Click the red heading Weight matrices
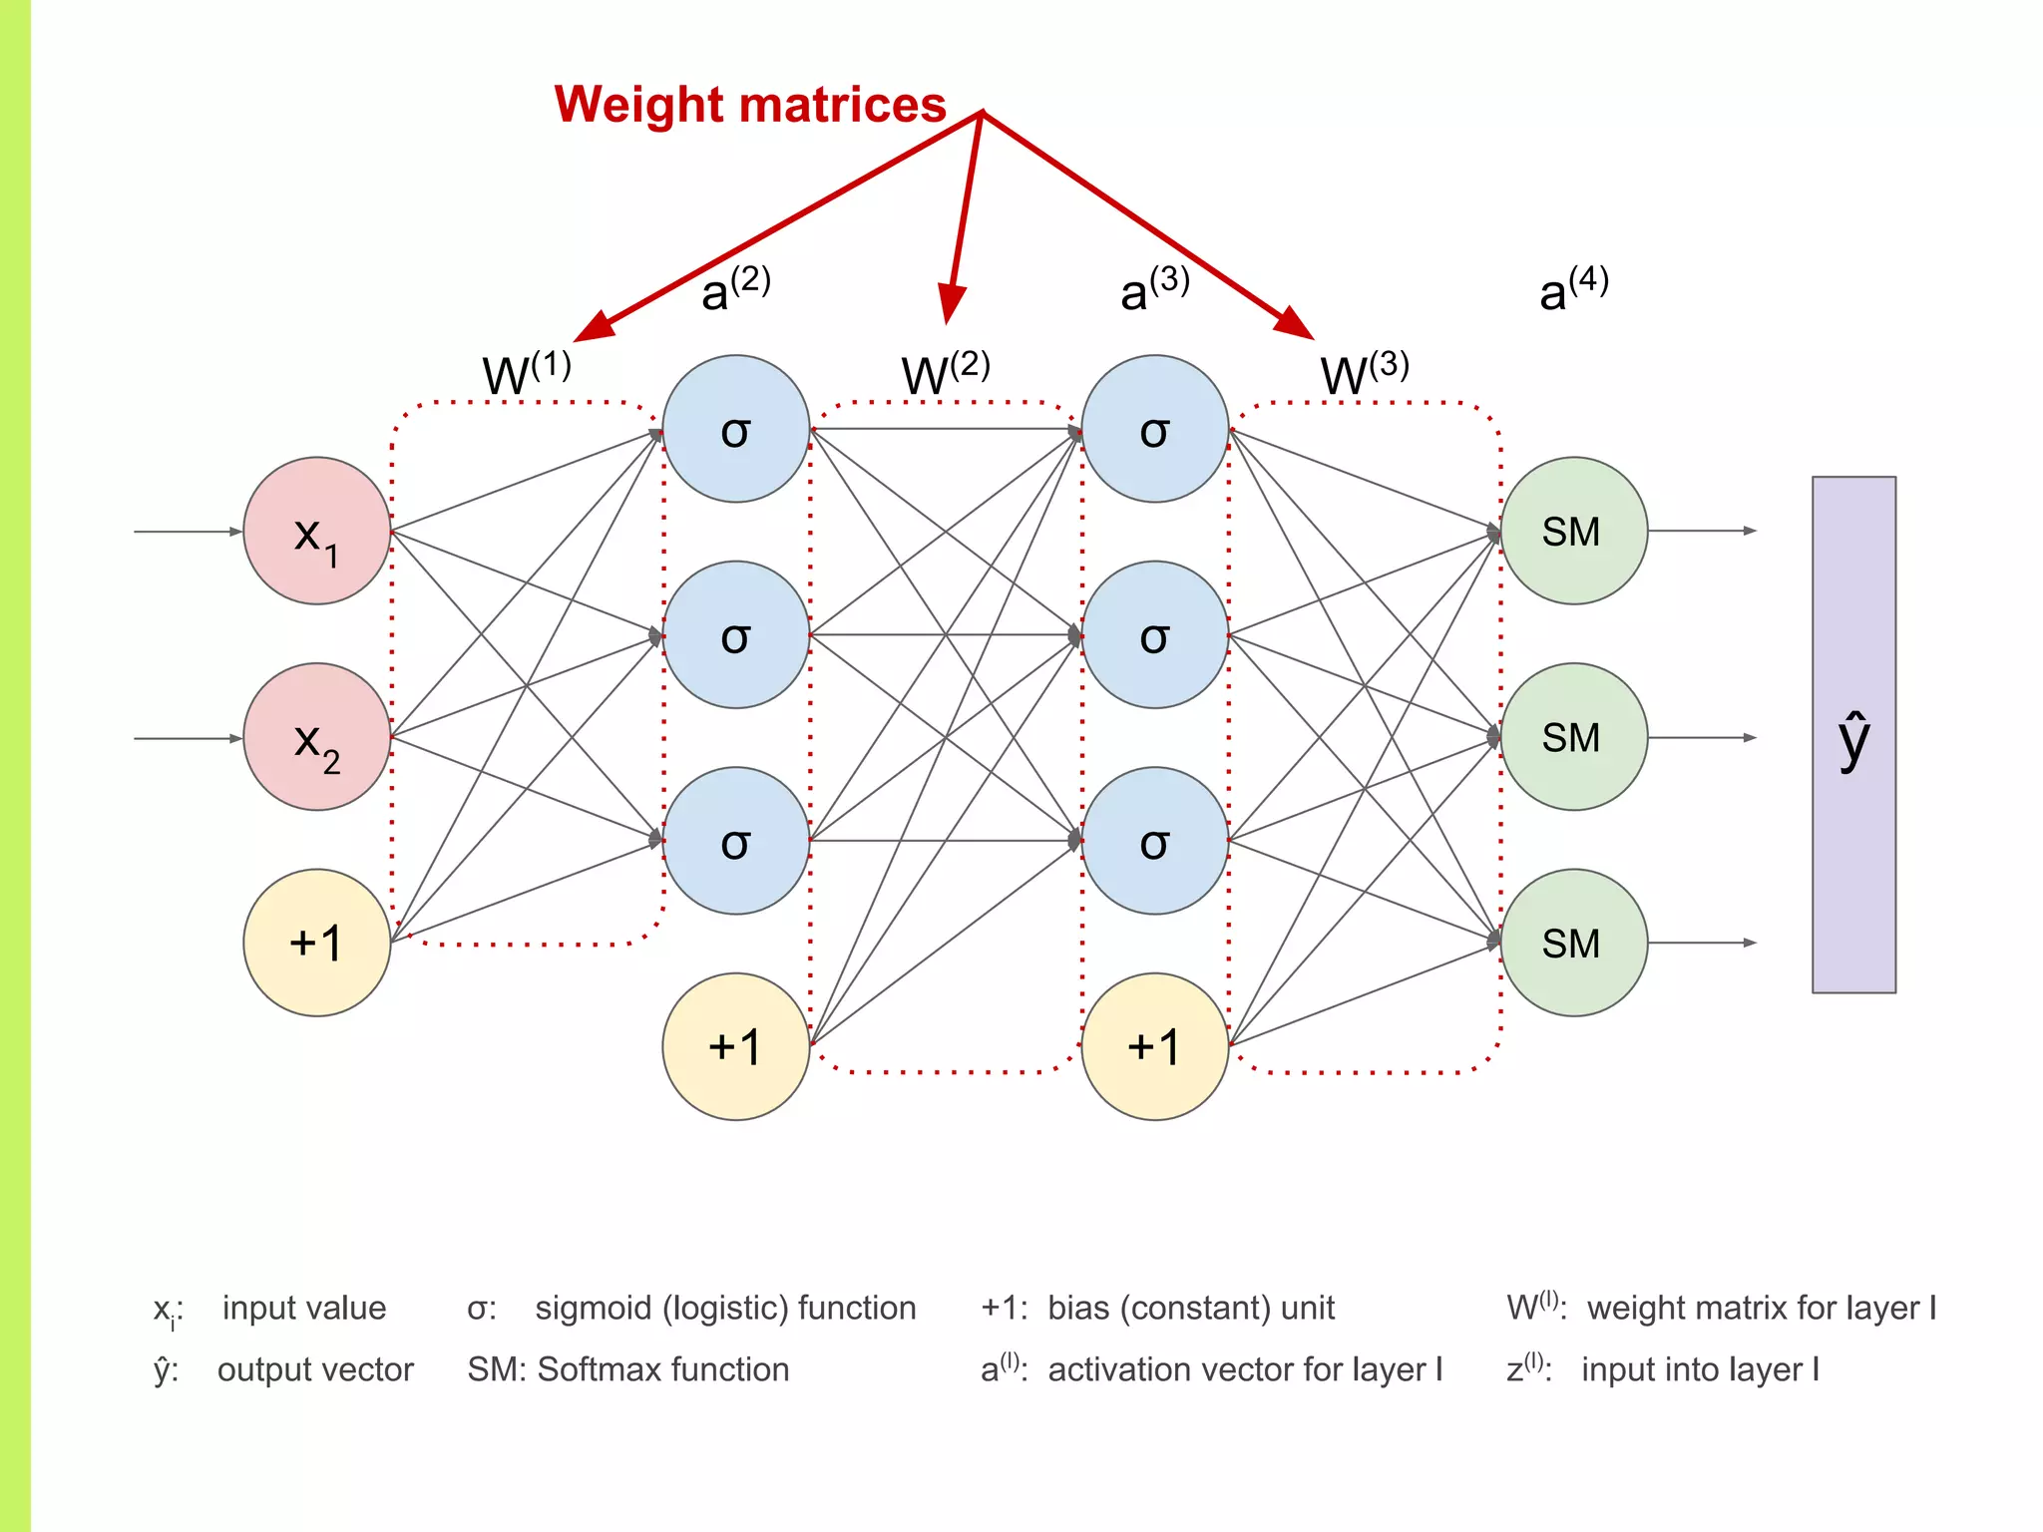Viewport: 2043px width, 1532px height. click(x=749, y=105)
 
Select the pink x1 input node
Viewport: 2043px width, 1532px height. click(x=316, y=531)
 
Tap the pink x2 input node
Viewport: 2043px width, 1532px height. click(x=316, y=737)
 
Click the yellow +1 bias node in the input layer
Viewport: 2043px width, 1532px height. click(x=316, y=943)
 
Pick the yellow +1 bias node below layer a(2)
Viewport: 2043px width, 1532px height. click(x=735, y=1046)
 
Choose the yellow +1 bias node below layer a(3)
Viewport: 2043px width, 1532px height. click(x=1154, y=1046)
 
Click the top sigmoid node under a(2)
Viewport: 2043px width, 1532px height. click(x=735, y=429)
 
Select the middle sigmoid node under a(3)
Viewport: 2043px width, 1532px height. click(x=1154, y=634)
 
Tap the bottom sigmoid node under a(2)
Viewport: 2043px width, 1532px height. click(x=735, y=841)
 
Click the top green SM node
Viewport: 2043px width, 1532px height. click(x=1573, y=531)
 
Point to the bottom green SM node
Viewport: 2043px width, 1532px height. click(x=1573, y=943)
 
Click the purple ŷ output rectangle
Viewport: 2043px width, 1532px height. click(x=1853, y=735)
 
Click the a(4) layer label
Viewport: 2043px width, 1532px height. click(x=1573, y=289)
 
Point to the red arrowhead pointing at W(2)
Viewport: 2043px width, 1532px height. click(x=951, y=303)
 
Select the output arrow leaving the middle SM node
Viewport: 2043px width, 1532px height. click(x=1701, y=738)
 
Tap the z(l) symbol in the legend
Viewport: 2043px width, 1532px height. click(x=1526, y=1368)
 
